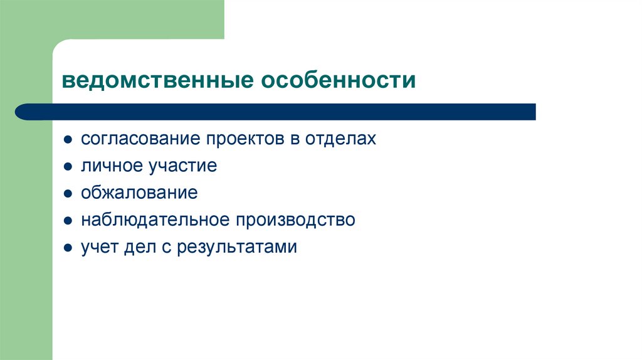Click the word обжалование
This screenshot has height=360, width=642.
pos(139,193)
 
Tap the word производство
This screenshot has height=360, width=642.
pos(295,220)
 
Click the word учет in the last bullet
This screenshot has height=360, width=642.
pos(95,247)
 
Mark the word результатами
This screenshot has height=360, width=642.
pos(236,247)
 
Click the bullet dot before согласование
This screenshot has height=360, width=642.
pos(67,139)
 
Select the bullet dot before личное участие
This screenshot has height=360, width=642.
pos(67,167)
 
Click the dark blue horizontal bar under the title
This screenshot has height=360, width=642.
pos(276,112)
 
